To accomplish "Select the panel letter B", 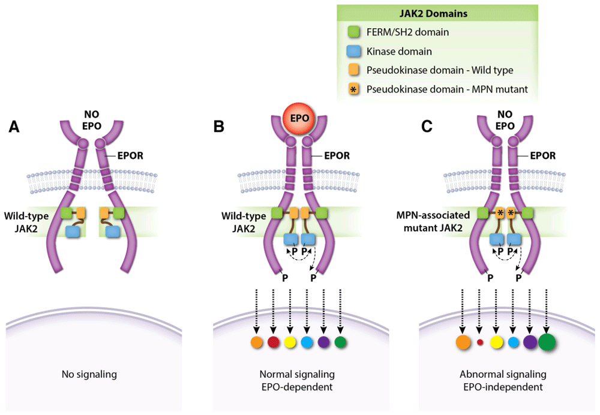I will pyautogui.click(x=220, y=127).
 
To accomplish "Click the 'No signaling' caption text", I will pyautogui.click(x=89, y=375).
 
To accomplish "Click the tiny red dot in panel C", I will pyautogui.click(x=479, y=342).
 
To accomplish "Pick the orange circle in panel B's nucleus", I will pyautogui.click(x=256, y=342).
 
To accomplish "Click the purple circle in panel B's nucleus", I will pyautogui.click(x=323, y=342).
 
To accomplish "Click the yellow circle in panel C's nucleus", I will pyautogui.click(x=496, y=342).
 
